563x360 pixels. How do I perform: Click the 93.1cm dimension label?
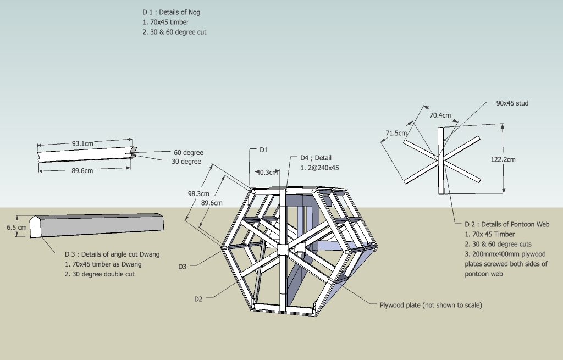point(82,143)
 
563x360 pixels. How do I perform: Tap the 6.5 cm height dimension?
point(16,227)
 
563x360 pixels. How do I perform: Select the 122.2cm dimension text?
point(503,159)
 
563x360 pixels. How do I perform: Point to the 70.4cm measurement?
point(440,115)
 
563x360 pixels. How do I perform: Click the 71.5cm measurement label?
point(396,133)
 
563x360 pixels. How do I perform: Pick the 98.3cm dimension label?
point(198,194)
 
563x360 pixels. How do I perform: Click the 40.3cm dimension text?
point(268,172)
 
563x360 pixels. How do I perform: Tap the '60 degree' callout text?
point(189,153)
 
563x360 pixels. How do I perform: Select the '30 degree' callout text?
point(186,162)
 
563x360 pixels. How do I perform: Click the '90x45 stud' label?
point(512,103)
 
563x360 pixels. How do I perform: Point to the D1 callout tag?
point(263,149)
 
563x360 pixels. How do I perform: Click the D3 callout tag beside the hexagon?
point(183,267)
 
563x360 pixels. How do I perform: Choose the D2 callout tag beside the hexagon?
point(198,299)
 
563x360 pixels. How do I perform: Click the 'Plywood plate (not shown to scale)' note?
point(431,305)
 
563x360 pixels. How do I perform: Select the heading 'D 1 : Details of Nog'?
point(172,12)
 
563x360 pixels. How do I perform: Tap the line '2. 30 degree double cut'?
point(100,274)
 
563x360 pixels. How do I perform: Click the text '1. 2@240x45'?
point(319,168)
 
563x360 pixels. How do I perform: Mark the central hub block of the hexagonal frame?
point(283,250)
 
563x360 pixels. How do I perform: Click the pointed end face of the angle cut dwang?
point(35,227)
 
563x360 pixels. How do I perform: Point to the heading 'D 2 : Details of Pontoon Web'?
point(507,224)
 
